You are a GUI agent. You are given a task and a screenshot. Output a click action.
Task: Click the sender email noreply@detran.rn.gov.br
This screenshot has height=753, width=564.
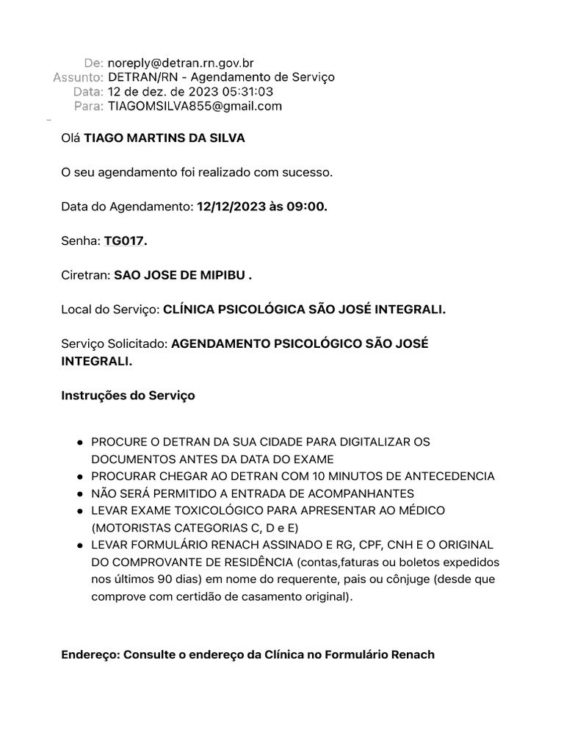181,63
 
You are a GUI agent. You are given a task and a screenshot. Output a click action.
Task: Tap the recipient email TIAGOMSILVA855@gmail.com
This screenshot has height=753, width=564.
195,106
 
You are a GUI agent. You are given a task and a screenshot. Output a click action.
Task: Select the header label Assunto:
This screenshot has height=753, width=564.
78,77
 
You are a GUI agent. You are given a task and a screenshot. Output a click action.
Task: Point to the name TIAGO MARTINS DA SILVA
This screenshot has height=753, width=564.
164,138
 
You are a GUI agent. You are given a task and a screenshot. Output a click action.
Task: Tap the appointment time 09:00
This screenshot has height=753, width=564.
308,207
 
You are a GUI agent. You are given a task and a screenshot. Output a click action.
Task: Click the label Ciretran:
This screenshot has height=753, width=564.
85,276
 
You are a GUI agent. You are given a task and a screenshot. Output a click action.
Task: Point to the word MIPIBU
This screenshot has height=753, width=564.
220,276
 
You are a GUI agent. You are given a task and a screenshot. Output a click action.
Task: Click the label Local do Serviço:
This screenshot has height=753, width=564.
110,310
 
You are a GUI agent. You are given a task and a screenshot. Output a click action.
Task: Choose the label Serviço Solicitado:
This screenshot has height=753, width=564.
115,344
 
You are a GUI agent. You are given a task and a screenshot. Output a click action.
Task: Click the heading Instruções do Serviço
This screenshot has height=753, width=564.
128,396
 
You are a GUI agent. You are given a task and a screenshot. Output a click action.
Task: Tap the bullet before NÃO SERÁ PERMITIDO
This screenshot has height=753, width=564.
79,493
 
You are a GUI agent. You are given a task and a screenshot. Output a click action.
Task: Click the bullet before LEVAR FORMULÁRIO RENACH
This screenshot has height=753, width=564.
79,545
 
